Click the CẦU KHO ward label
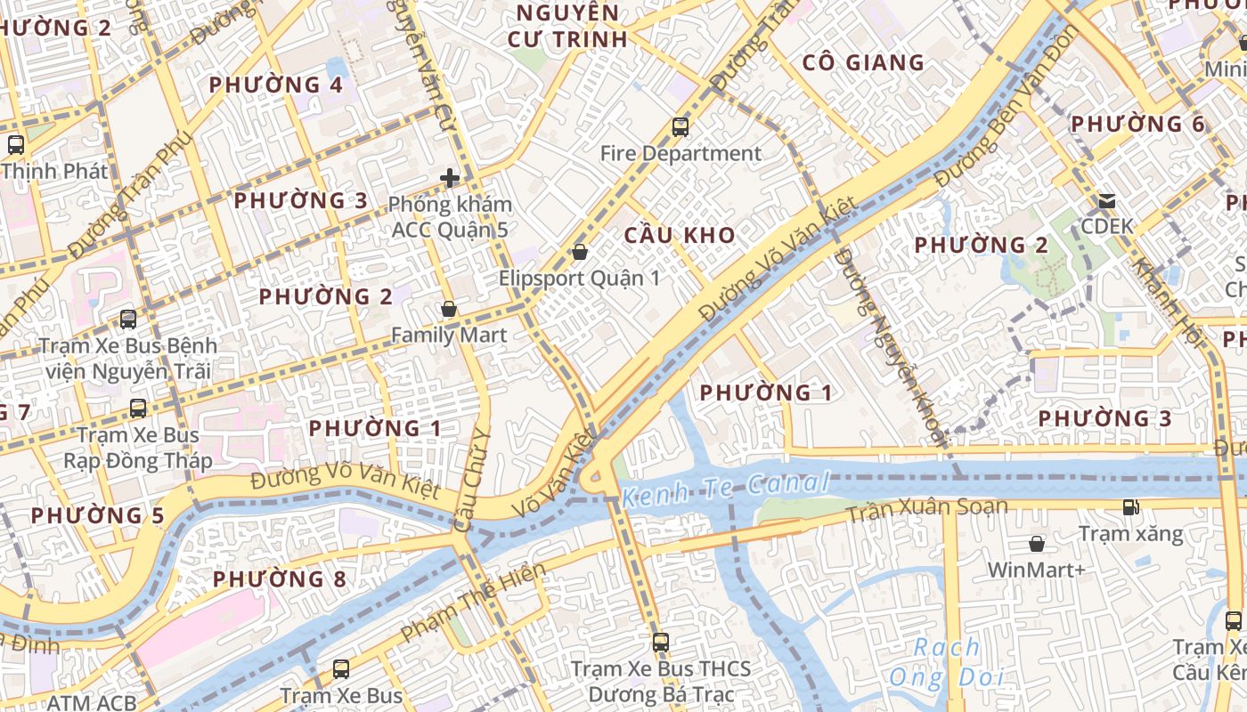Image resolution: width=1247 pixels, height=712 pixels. point(680,236)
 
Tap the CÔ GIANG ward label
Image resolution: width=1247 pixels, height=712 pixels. point(863,62)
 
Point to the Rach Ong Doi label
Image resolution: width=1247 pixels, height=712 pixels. point(946,662)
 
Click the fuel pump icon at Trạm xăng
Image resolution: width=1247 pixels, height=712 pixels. point(1130,507)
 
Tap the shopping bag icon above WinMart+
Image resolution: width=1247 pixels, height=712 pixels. point(1037,543)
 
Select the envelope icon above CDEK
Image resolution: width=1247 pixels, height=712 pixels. point(1107,201)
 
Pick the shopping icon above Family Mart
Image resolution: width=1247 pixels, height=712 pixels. point(449,309)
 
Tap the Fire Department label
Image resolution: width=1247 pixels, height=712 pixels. point(681,154)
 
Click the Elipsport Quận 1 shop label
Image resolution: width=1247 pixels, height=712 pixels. point(579,279)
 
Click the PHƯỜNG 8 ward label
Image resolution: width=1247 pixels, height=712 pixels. point(279,579)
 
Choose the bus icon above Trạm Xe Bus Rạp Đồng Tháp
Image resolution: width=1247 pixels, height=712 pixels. point(138,409)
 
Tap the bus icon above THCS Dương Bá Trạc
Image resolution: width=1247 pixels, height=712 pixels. point(660,642)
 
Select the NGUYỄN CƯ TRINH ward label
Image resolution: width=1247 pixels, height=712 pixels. point(567,26)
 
